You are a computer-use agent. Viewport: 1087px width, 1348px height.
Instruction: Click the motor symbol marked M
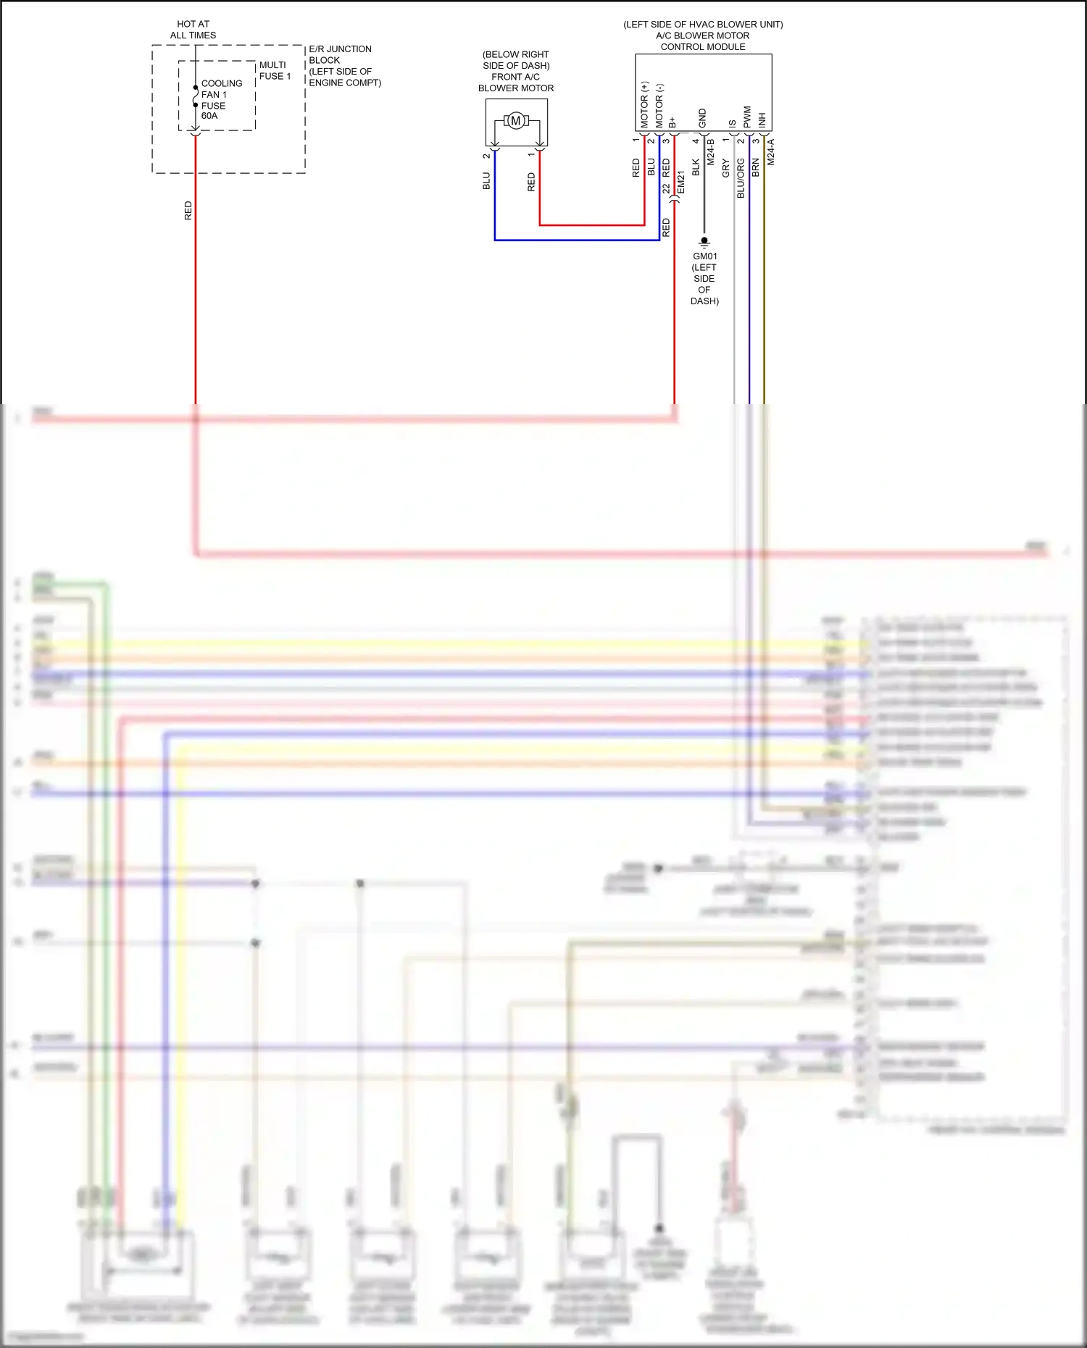(x=516, y=121)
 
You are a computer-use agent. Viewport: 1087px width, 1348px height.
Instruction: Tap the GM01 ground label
(x=704, y=256)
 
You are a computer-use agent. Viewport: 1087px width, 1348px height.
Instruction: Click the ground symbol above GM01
(x=704, y=242)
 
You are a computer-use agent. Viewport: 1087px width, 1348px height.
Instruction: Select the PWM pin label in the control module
(x=747, y=117)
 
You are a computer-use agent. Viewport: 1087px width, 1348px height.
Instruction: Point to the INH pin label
(x=762, y=120)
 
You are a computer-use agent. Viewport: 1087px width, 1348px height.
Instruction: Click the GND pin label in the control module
(x=702, y=118)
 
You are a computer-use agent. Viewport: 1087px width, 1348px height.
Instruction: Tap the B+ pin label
(x=672, y=122)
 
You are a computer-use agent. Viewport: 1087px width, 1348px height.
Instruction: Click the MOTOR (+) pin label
(x=644, y=105)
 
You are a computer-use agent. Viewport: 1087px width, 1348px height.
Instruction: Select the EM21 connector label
(x=681, y=183)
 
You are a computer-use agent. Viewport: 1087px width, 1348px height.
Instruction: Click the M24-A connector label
(x=771, y=152)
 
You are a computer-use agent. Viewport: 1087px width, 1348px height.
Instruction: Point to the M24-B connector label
(x=711, y=152)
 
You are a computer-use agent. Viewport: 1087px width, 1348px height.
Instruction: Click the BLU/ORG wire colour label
(x=741, y=178)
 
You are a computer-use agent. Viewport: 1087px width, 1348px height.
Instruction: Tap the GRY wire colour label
(x=725, y=169)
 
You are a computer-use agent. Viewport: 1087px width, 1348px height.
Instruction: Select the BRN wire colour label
(x=756, y=168)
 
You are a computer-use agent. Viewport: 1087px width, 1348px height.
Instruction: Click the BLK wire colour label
(x=696, y=167)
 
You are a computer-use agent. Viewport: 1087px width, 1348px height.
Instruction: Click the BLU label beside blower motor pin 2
(x=486, y=181)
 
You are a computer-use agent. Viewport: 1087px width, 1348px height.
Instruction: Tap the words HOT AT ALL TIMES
(x=193, y=30)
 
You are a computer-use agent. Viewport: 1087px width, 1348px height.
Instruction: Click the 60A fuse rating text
(x=209, y=116)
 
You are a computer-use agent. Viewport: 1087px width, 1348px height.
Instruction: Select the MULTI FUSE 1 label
(x=275, y=70)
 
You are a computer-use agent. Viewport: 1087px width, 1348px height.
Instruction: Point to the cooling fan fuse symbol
(x=196, y=96)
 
